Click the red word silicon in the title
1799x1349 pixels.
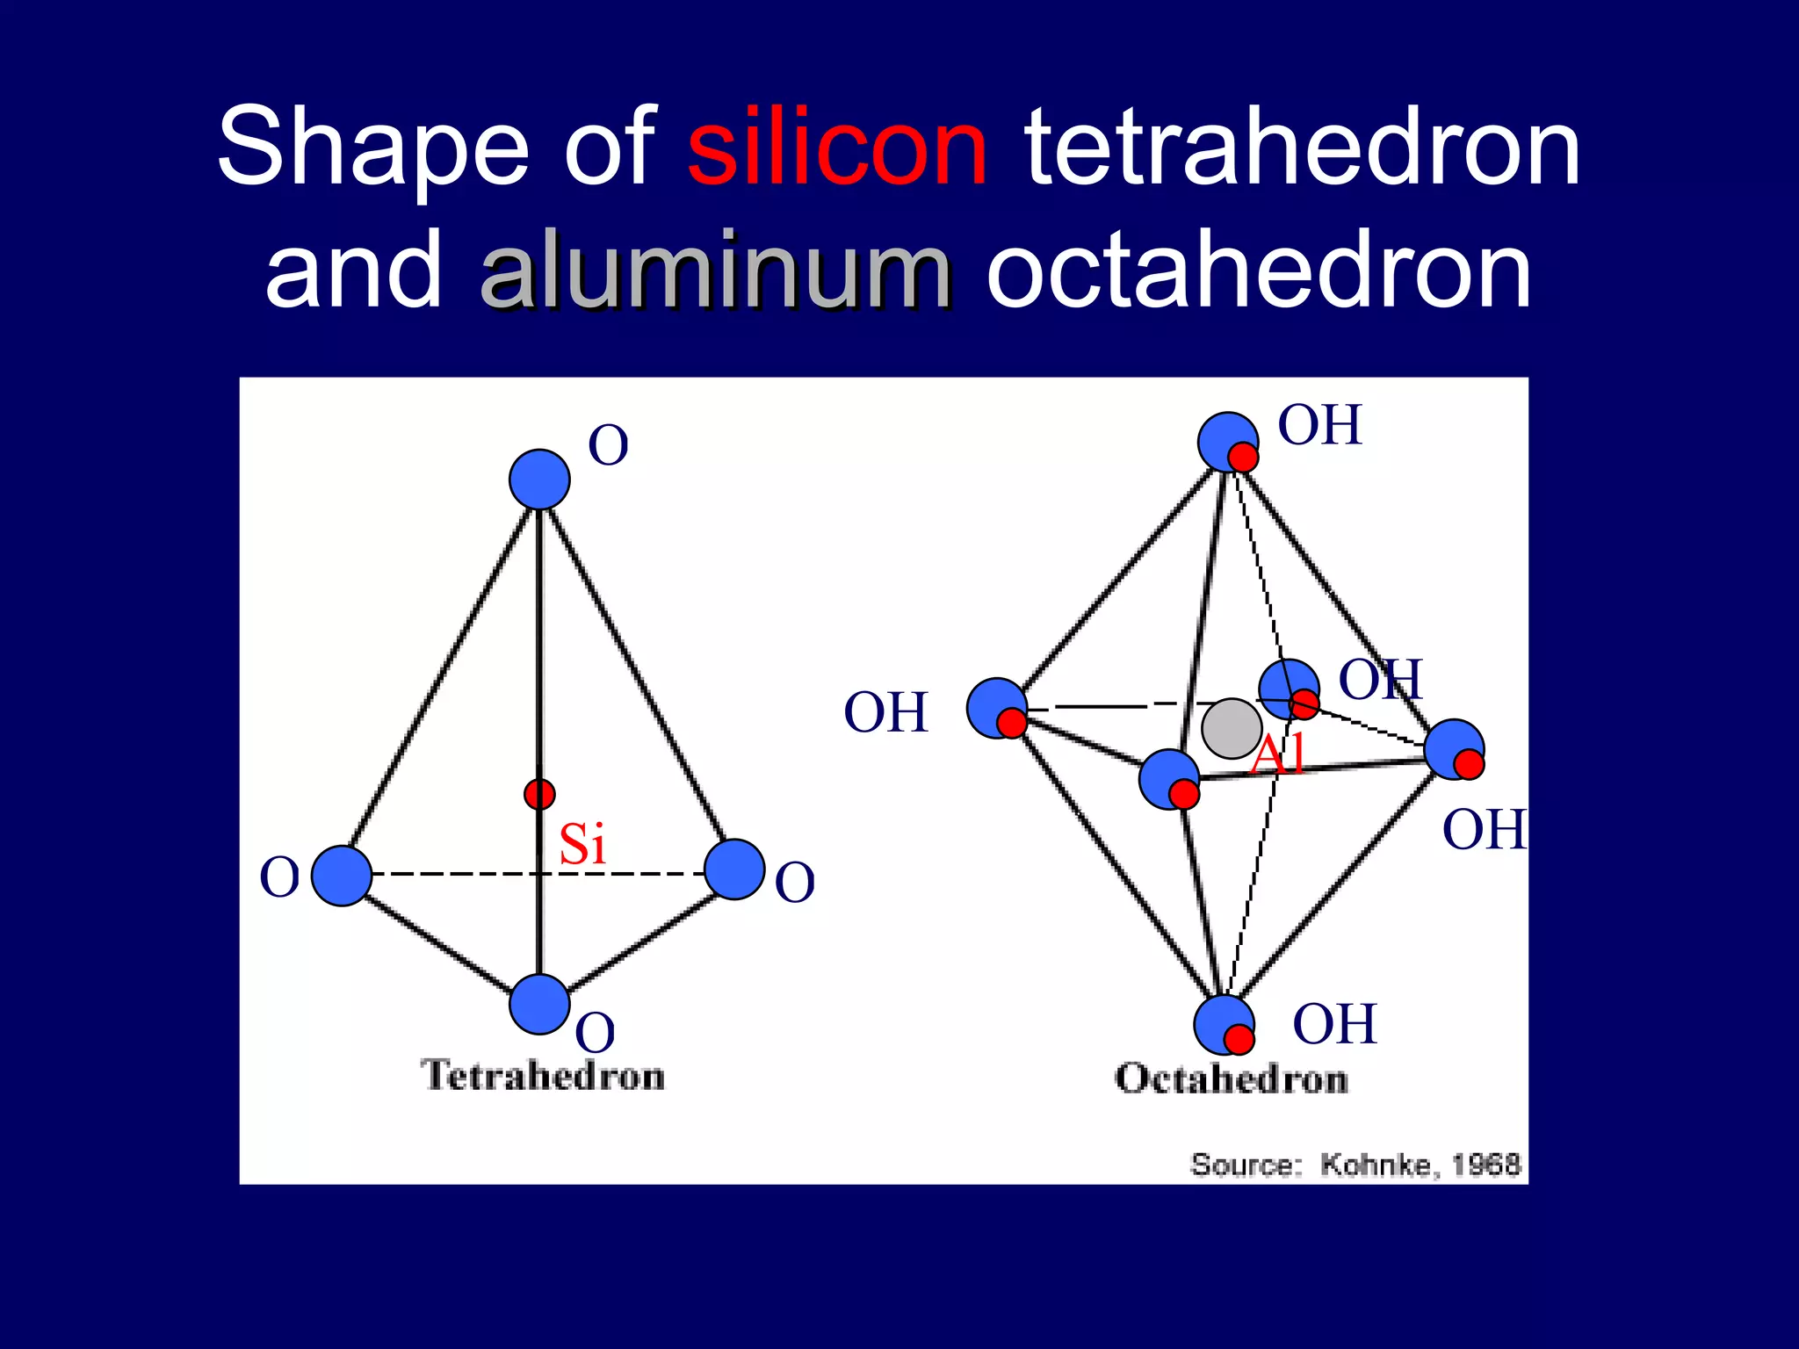pyautogui.click(x=837, y=148)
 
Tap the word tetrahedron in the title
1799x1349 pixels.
pyautogui.click(x=1303, y=148)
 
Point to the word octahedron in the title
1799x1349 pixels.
pyautogui.click(x=1259, y=271)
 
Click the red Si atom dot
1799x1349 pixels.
pyautogui.click(x=539, y=794)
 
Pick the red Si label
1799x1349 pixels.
pyautogui.click(x=582, y=845)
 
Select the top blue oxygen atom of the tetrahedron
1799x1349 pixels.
pyautogui.click(x=539, y=480)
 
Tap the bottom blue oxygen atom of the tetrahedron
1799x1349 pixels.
pyautogui.click(x=539, y=1004)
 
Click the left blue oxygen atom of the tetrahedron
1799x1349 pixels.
pyautogui.click(x=342, y=876)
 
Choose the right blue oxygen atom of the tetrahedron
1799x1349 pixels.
pyautogui.click(x=734, y=869)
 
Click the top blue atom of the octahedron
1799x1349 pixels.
pyautogui.click(x=1226, y=441)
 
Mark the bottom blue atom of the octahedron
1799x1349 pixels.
pyautogui.click(x=1222, y=1024)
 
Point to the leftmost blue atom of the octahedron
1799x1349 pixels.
pyautogui.click(x=996, y=708)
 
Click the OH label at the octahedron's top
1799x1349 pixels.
pyautogui.click(x=1319, y=426)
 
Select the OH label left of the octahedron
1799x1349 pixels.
pyautogui.click(x=885, y=712)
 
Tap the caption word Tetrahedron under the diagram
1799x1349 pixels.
pyautogui.click(x=543, y=1076)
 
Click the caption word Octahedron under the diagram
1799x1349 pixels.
pyautogui.click(x=1231, y=1079)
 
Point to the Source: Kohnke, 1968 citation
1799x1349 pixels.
pyautogui.click(x=1355, y=1165)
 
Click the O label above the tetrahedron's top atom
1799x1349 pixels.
pyautogui.click(x=608, y=446)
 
